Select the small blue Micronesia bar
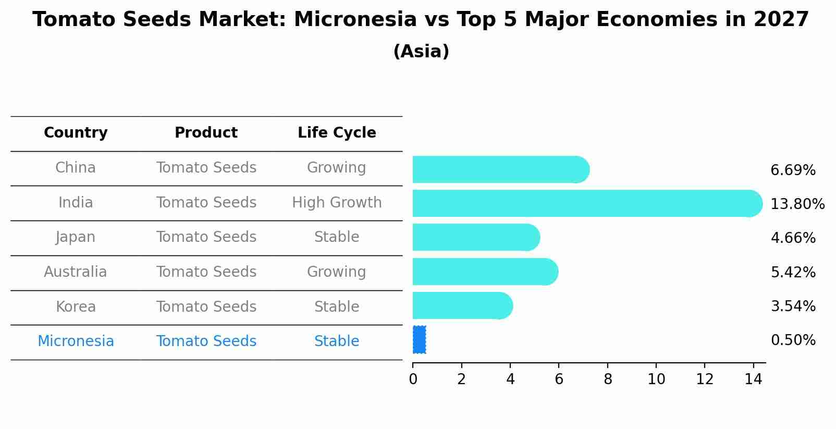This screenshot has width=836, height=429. pos(419,340)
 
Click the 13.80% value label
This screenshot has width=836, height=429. pos(797,204)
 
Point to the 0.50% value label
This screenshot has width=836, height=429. pos(793,340)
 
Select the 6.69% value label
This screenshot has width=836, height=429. pos(793,170)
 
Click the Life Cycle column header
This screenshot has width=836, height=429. pos(337,133)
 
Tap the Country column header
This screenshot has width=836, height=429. pos(76,133)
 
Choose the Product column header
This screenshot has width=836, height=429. pos(206,133)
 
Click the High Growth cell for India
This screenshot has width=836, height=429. pos(337,203)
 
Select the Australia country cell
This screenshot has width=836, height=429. pos(76,272)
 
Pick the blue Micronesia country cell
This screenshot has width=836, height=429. pos(76,341)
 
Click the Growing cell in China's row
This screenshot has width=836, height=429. pos(337,168)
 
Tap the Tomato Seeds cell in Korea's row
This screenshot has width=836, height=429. pos(206,307)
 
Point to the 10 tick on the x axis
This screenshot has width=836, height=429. pos(656,379)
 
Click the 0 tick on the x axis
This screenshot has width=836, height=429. pos(413,379)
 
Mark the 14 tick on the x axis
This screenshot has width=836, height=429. pos(753,379)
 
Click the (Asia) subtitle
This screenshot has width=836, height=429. pos(421,52)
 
